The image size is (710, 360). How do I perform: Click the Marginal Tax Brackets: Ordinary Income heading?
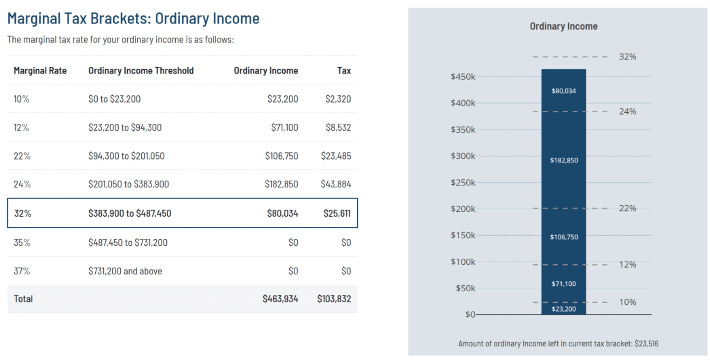[133, 18]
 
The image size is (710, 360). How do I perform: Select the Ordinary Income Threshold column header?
[141, 71]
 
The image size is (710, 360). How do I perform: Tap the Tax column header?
[343, 71]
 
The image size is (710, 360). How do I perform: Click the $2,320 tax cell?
[338, 99]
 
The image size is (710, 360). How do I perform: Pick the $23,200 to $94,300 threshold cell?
[125, 128]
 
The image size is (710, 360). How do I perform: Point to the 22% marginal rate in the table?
[22, 156]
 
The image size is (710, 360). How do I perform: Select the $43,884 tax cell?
[336, 184]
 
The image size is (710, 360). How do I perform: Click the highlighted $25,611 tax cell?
[337, 214]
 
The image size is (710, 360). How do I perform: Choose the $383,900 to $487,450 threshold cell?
[129, 214]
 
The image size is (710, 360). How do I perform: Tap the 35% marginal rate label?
[22, 242]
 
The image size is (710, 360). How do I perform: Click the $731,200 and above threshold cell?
[125, 271]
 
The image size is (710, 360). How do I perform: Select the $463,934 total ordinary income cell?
[280, 299]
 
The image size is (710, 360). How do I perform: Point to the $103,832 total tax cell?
[334, 299]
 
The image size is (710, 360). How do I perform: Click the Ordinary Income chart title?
[563, 26]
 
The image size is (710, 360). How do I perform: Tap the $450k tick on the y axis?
[463, 77]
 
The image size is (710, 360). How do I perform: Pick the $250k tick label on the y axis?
[463, 183]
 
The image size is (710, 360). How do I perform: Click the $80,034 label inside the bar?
[563, 91]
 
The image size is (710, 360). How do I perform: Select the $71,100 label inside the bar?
[563, 284]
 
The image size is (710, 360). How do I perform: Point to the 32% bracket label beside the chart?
[627, 57]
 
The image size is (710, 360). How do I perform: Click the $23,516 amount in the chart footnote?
[646, 343]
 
